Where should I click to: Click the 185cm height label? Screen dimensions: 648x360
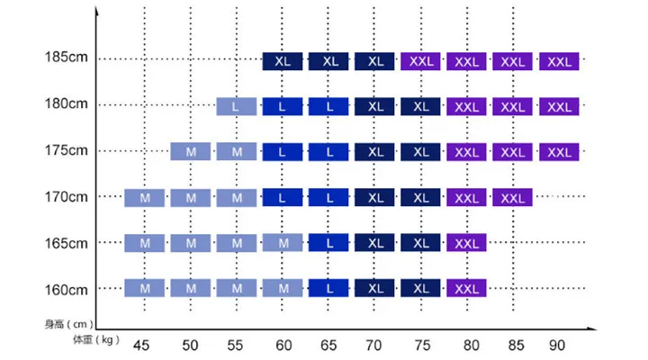click(66, 57)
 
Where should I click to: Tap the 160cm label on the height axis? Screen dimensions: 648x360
click(66, 290)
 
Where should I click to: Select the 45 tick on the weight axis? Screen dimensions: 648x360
click(141, 345)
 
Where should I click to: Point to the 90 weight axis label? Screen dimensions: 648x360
click(557, 345)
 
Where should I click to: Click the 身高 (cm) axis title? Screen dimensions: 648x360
click(69, 324)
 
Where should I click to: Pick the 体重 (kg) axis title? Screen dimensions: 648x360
click(96, 339)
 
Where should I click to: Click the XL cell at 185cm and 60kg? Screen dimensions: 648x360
click(283, 61)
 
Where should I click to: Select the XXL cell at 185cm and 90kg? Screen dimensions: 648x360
click(559, 61)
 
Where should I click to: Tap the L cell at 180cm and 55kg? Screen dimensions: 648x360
click(237, 106)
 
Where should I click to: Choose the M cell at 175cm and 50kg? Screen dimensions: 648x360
click(191, 152)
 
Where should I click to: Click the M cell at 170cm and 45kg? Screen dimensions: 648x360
click(145, 198)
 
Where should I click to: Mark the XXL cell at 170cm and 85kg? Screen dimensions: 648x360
click(512, 198)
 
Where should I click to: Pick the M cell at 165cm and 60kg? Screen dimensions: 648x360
click(283, 243)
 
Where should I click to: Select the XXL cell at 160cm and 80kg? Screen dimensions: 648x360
click(466, 288)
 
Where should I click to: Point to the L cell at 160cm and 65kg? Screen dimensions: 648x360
click(328, 288)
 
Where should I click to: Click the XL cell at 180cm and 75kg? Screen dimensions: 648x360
click(420, 106)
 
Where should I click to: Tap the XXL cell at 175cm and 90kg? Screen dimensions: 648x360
click(559, 152)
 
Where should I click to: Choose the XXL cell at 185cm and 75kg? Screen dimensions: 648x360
click(420, 61)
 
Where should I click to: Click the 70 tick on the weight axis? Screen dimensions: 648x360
click(373, 345)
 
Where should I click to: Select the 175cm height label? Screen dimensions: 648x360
click(66, 150)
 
